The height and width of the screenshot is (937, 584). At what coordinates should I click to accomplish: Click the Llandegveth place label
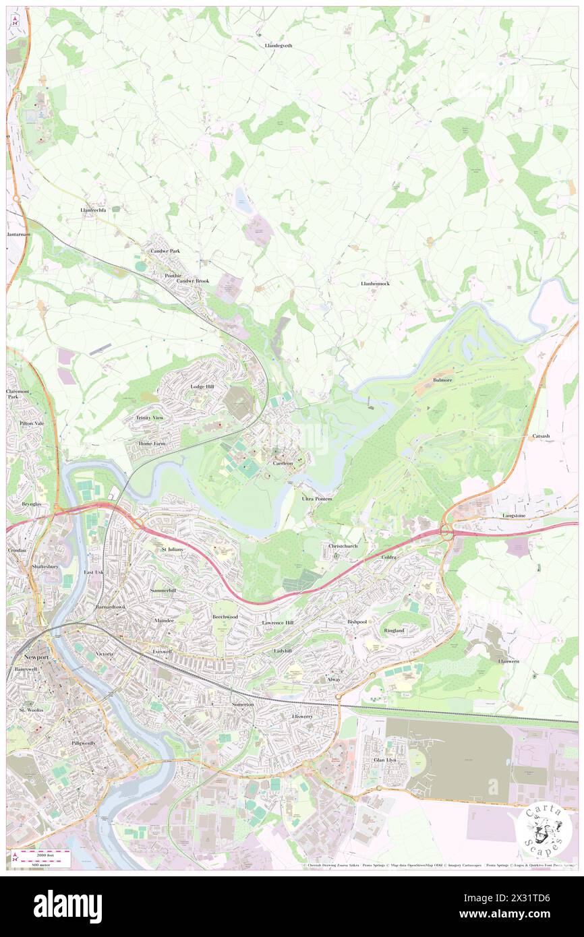pos(278,45)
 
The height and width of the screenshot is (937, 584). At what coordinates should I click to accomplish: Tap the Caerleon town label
pos(283,464)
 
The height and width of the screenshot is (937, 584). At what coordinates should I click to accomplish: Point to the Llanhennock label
pos(375,284)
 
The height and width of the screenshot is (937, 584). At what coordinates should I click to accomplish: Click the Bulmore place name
pos(442,380)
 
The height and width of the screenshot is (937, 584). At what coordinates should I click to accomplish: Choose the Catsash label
pos(540,436)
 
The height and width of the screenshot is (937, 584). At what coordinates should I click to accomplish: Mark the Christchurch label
pos(343,545)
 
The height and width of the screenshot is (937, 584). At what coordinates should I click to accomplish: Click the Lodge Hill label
pos(202,387)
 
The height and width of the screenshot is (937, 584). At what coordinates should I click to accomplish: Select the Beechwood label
pos(225,617)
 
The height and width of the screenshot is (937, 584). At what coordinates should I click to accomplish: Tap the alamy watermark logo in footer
pos(67,907)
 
